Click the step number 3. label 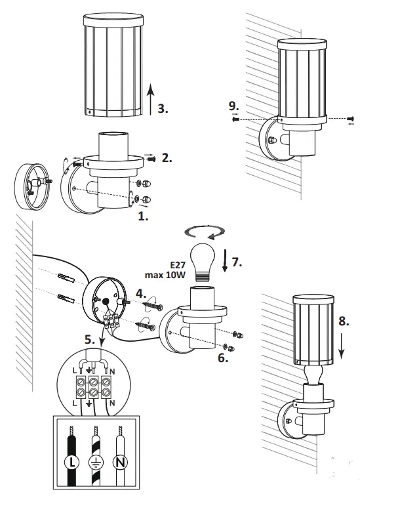163,109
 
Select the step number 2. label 167,157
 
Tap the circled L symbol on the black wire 72,462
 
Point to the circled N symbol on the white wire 120,462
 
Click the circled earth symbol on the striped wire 96,462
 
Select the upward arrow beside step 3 150,99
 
